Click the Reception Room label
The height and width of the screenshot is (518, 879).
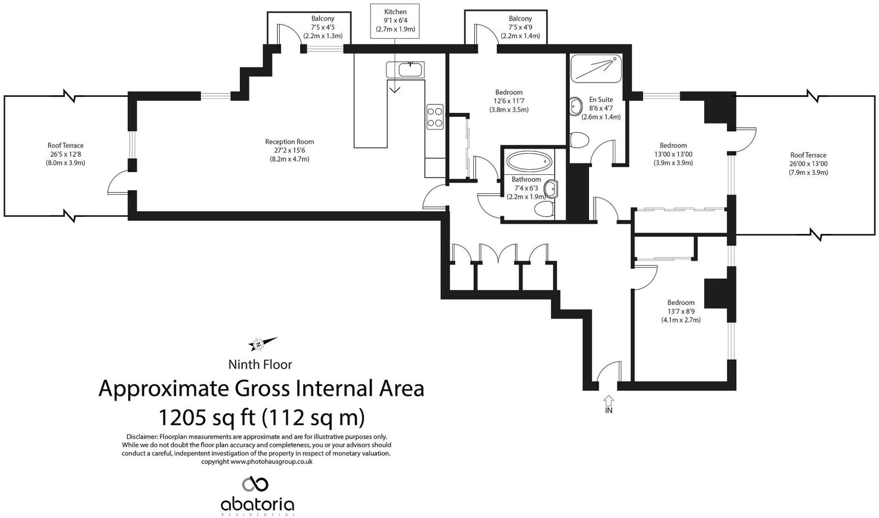[289, 150]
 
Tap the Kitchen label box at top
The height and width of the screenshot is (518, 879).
[395, 21]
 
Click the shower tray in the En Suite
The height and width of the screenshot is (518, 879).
[596, 69]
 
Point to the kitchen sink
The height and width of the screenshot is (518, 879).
[410, 70]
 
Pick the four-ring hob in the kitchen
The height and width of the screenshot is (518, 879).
[435, 117]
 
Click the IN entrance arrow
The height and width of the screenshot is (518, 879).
[609, 400]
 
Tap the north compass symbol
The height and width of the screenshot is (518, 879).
[263, 344]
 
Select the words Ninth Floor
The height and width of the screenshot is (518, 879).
[260, 364]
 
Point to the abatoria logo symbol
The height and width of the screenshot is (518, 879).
[255, 484]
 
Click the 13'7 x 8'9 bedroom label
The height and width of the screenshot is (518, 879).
[681, 311]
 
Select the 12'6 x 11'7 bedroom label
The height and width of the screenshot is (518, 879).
[509, 101]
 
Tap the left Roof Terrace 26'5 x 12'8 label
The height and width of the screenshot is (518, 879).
[65, 154]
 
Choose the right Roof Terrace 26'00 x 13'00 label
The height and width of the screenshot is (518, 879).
[808, 164]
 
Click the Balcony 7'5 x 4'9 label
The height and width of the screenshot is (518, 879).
[520, 27]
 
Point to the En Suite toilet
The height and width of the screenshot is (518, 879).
[579, 139]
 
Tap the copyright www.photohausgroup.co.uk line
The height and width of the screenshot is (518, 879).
[257, 462]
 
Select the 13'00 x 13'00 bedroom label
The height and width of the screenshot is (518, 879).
[673, 154]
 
